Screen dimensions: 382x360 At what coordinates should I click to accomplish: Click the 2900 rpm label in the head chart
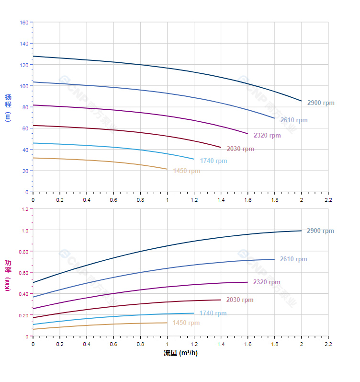pos(321,103)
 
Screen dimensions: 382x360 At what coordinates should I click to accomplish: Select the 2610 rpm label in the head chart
pos(294,120)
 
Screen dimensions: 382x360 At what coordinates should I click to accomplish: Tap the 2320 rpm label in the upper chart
pos(267,136)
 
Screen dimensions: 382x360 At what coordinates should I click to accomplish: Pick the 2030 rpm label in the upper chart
pos(240,149)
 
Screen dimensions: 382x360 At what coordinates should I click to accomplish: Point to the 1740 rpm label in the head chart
pos(214,161)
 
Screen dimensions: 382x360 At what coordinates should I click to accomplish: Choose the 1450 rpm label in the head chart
pos(187,171)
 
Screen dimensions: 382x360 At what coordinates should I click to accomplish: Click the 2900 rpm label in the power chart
pos(320,231)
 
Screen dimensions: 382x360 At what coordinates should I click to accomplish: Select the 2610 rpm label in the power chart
pos(293,259)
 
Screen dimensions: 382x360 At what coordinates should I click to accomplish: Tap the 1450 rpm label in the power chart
pos(186,323)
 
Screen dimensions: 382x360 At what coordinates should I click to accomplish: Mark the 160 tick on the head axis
pos(24,23)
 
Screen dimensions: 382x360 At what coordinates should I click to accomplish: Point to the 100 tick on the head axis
pos(24,86)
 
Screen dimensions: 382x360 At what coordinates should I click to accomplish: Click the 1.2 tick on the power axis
pos(25,209)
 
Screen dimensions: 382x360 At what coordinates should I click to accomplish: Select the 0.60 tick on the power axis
pos(23,273)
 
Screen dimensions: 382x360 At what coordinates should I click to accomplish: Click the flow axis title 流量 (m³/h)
pos(180,353)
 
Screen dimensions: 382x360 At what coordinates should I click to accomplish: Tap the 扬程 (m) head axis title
pos(8,107)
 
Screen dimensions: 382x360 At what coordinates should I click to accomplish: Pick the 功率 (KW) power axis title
pos(8,275)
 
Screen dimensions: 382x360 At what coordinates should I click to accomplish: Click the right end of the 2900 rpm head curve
pos(302,101)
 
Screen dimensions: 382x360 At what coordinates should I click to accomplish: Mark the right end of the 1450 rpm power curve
pos(167,323)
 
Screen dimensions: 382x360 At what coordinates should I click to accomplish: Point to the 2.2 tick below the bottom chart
pos(328,344)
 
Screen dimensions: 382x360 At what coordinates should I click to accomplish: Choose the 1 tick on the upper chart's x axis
pos(167,199)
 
